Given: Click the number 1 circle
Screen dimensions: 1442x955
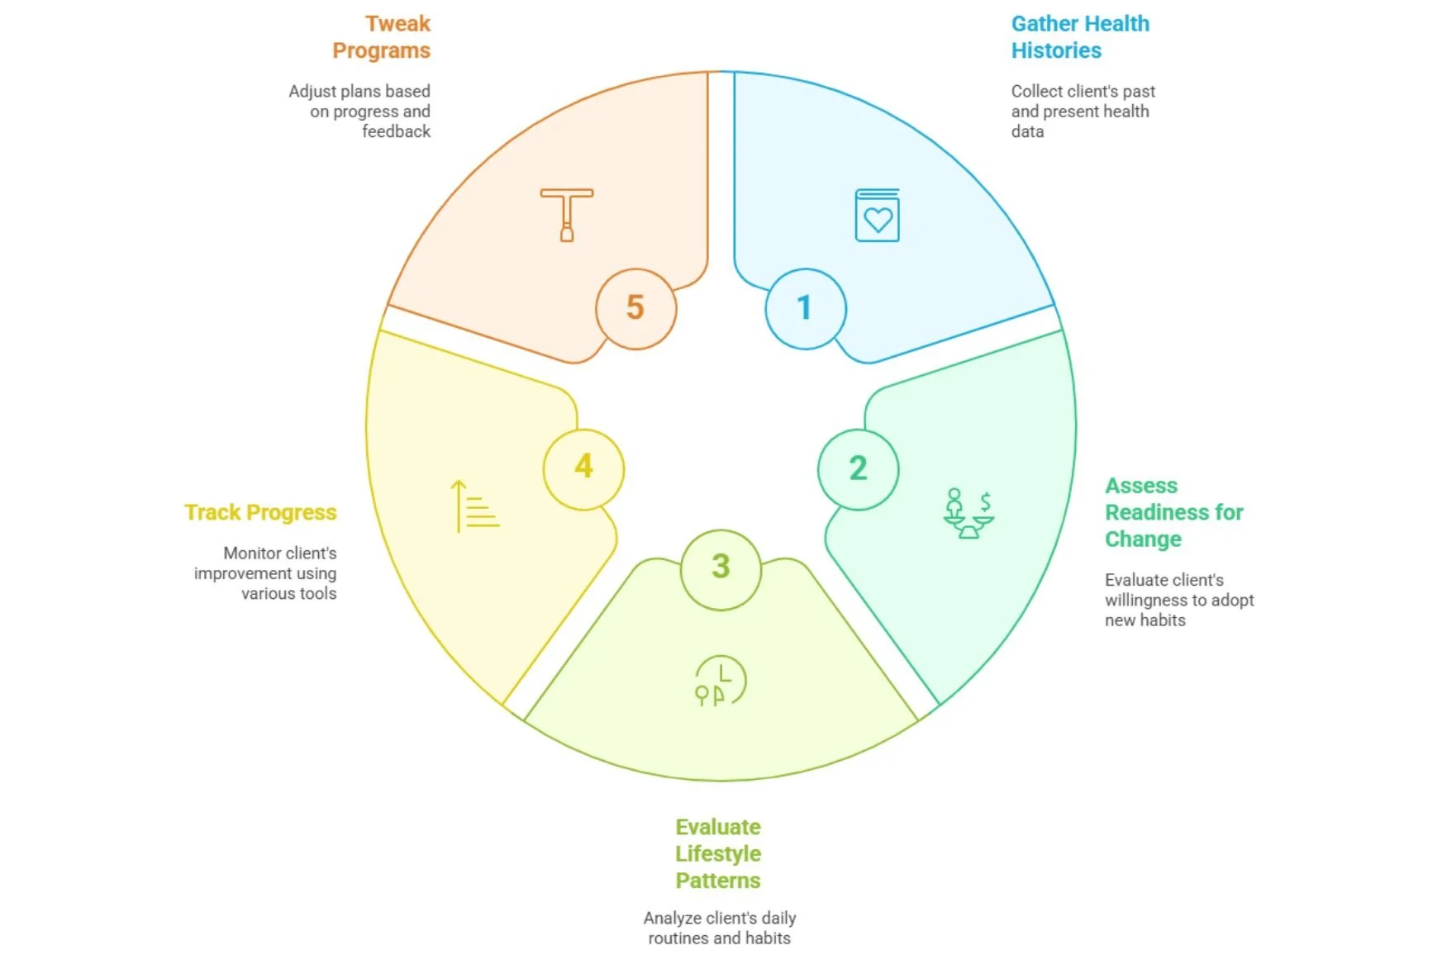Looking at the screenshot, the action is (805, 308).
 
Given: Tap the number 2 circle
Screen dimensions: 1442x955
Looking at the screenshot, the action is (858, 469).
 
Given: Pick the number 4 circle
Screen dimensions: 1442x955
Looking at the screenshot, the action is (583, 468).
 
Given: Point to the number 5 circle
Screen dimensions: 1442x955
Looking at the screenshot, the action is (635, 308).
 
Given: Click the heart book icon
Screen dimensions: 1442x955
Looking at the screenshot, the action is (877, 216).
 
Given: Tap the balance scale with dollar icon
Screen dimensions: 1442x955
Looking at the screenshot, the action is (968, 513).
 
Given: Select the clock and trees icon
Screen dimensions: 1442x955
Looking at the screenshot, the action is (720, 682).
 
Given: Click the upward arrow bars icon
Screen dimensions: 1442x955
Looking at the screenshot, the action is (474, 506).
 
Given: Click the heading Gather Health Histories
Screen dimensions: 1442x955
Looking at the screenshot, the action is (1079, 37).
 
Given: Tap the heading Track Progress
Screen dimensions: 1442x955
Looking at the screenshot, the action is (260, 513).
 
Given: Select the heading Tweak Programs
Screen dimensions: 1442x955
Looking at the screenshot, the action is (382, 37).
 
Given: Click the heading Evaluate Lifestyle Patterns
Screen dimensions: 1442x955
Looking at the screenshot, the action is (718, 853).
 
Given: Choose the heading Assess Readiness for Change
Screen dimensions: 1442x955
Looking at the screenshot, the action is (1173, 512).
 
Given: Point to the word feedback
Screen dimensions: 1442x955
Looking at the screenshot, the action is (396, 131).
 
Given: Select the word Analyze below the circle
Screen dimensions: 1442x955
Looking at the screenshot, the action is (672, 918).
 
